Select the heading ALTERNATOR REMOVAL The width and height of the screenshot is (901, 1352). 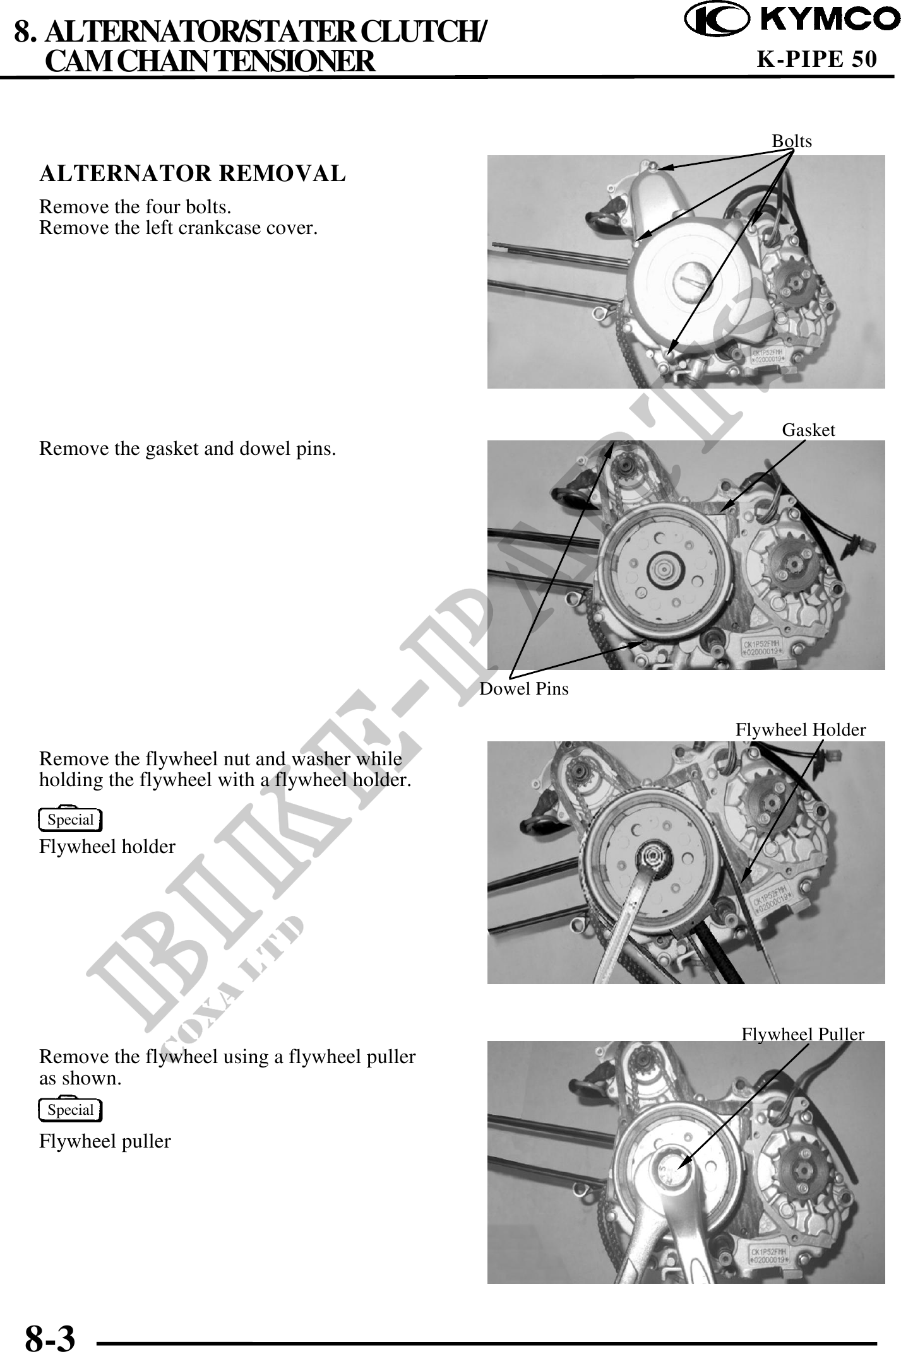pos(193,173)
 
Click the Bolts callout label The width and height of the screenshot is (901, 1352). pos(792,141)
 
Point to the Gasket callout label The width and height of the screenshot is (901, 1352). pos(808,430)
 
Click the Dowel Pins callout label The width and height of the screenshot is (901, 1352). pos(524,689)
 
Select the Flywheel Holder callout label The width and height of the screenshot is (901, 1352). pos(801,730)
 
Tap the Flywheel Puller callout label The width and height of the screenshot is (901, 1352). pos(803,1034)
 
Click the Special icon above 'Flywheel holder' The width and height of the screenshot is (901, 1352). pos(70,820)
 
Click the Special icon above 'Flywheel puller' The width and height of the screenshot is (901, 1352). pos(70,1110)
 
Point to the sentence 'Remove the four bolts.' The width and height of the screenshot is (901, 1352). pos(135,207)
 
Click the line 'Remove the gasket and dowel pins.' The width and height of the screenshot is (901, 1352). pos(188,449)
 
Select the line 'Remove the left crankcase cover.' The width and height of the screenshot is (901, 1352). pos(178,228)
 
